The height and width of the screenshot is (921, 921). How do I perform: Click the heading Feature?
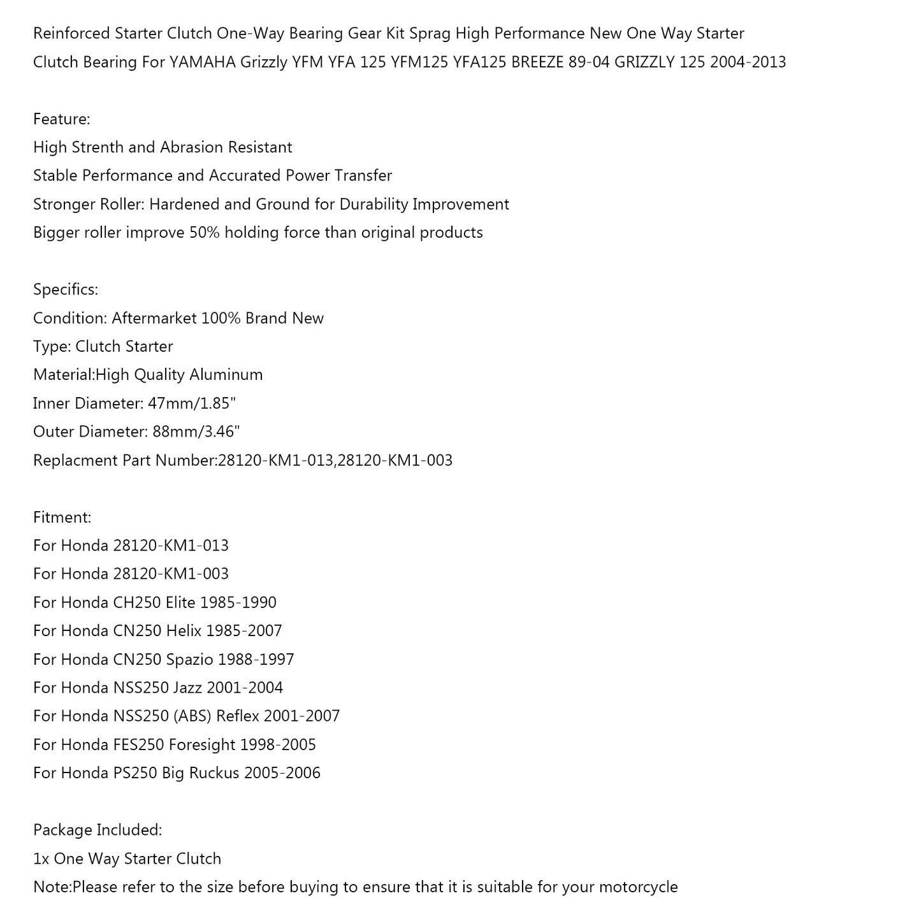tap(62, 119)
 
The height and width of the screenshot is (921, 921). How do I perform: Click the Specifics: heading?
tap(66, 289)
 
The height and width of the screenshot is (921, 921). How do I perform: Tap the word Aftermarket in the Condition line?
tap(154, 318)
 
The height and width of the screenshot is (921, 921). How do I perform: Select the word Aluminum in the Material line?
tap(231, 375)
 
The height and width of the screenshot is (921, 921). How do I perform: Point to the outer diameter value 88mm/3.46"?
tap(196, 431)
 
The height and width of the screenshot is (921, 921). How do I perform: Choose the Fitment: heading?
tap(62, 517)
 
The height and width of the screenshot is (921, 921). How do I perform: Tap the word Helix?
tap(184, 631)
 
